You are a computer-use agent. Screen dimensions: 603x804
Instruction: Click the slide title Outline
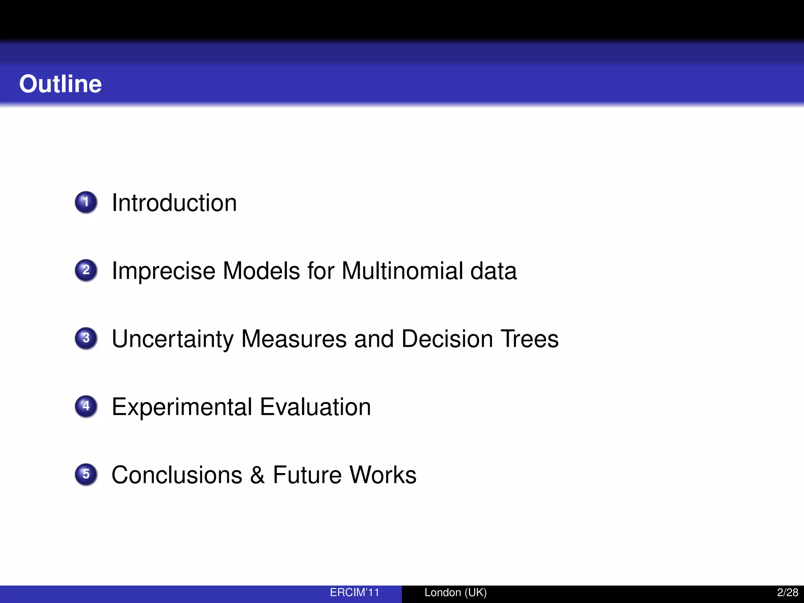pos(60,84)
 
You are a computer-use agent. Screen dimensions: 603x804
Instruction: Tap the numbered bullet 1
pos(86,202)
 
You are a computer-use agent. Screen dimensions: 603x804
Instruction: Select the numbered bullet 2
pos(86,270)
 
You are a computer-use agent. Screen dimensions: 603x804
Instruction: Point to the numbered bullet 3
pos(86,338)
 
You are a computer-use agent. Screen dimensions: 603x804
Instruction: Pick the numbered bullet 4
pos(86,406)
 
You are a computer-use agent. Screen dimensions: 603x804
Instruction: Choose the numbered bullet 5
pos(86,474)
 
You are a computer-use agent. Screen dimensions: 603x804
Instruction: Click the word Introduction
pos(174,203)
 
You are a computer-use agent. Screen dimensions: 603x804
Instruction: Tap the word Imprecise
pos(164,271)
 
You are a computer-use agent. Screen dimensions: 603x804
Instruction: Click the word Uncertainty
pos(173,339)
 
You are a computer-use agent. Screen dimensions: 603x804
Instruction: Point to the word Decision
pos(447,339)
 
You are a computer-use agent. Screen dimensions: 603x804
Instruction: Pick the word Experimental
pos(182,407)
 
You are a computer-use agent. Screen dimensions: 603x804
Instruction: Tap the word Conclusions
pos(177,475)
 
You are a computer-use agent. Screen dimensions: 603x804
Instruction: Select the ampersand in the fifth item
pos(258,475)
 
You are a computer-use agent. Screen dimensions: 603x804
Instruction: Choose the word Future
pos(307,475)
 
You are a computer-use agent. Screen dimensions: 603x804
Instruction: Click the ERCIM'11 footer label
pos(354,592)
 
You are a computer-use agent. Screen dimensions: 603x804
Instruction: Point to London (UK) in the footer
pos(455,592)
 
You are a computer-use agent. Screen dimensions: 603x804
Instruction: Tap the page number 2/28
pos(788,592)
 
